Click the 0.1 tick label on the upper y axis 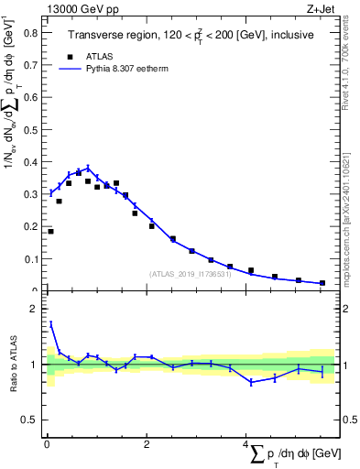[31, 259]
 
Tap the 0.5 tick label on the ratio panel [31, 420]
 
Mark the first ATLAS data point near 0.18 [50, 232]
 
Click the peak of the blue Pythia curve [88, 169]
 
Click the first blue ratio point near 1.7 [50, 323]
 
